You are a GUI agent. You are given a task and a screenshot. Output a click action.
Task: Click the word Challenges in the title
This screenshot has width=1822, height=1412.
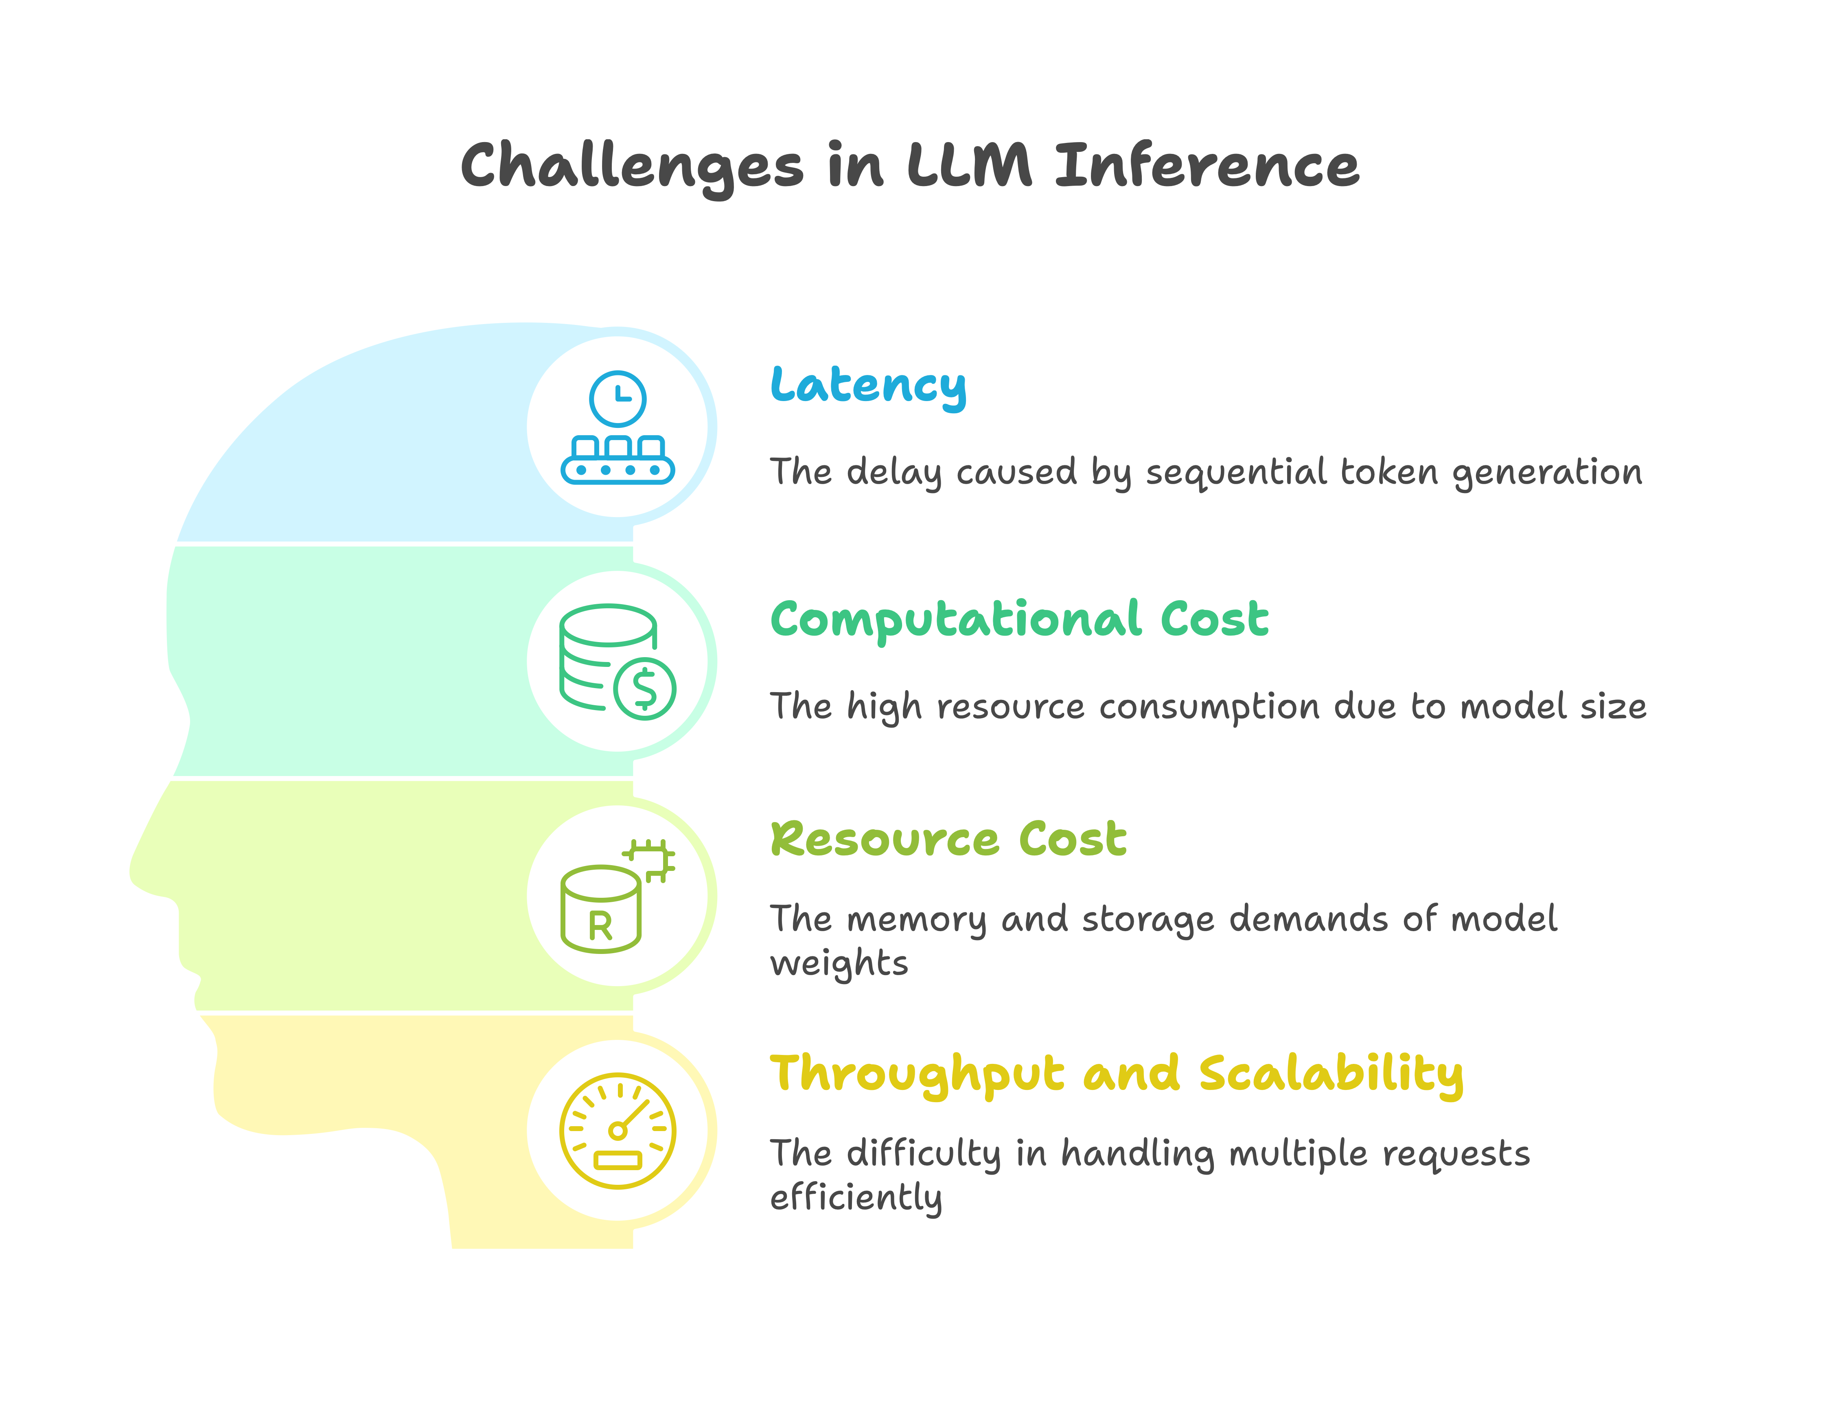[x=631, y=166]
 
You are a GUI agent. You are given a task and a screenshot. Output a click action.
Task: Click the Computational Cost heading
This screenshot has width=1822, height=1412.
[x=1018, y=619]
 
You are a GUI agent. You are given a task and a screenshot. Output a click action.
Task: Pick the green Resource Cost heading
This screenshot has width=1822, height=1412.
[x=948, y=839]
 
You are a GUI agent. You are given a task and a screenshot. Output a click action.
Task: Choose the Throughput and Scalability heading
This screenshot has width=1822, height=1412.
[x=1116, y=1074]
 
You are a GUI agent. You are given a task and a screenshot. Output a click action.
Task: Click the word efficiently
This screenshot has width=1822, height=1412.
[x=856, y=1197]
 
